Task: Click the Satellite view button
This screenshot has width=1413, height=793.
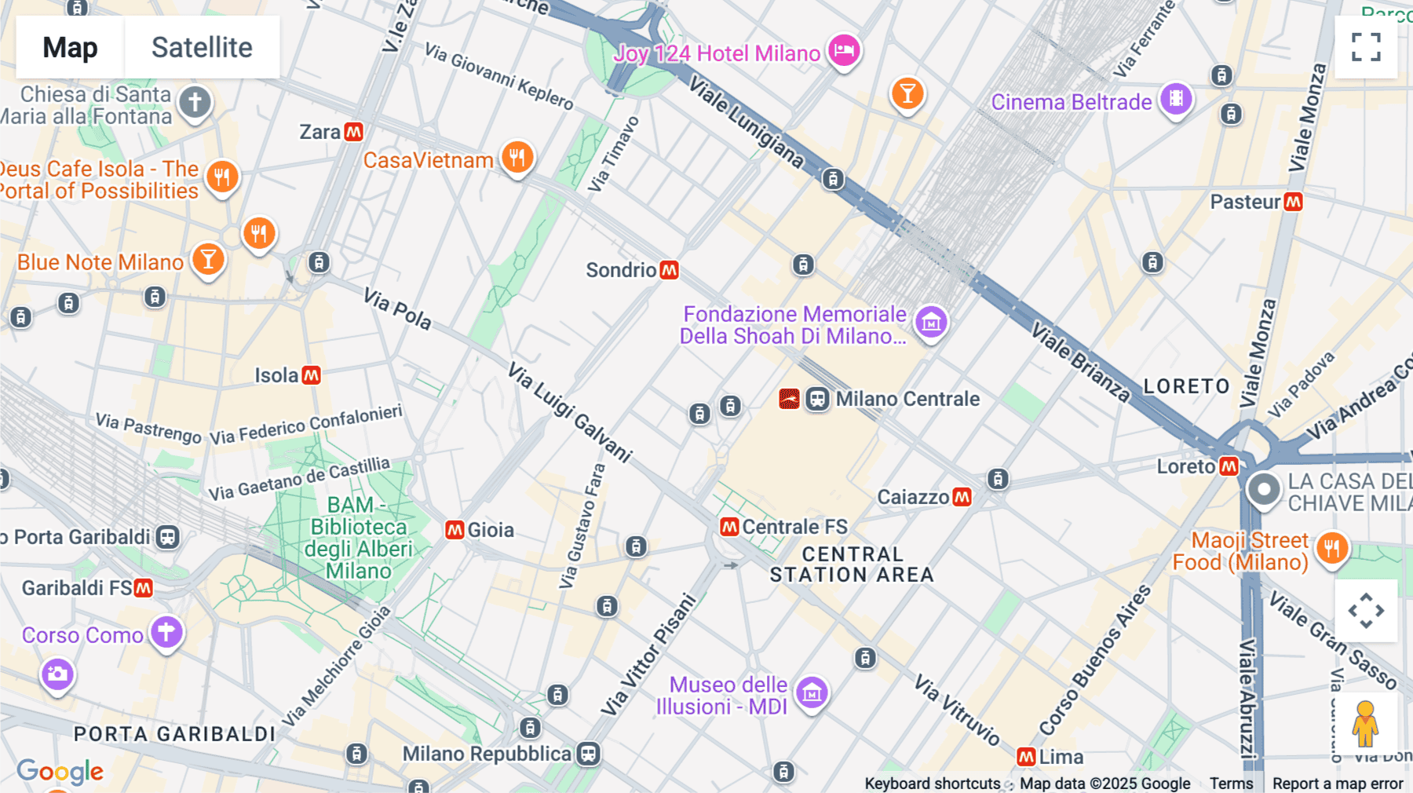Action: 202,47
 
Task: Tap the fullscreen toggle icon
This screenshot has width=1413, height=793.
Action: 1366,47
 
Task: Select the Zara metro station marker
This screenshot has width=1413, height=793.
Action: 354,132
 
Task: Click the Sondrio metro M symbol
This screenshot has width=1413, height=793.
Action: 669,270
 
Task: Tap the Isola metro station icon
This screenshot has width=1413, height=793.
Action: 312,375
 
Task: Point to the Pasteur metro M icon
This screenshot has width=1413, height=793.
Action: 1293,202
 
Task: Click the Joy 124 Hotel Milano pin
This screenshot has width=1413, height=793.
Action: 844,51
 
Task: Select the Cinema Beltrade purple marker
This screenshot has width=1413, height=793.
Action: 1176,99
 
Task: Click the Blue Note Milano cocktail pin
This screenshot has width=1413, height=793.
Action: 208,259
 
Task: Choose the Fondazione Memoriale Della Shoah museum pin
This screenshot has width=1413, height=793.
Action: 931,322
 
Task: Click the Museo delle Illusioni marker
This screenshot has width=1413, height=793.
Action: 812,693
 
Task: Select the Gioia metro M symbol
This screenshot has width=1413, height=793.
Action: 455,530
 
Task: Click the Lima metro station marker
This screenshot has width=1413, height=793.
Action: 1026,757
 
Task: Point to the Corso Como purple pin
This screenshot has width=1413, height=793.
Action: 166,632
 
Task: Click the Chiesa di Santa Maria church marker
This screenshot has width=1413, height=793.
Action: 195,102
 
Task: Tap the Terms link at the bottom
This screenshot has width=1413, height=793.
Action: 1231,783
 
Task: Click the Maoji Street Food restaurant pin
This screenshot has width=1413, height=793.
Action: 1331,547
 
